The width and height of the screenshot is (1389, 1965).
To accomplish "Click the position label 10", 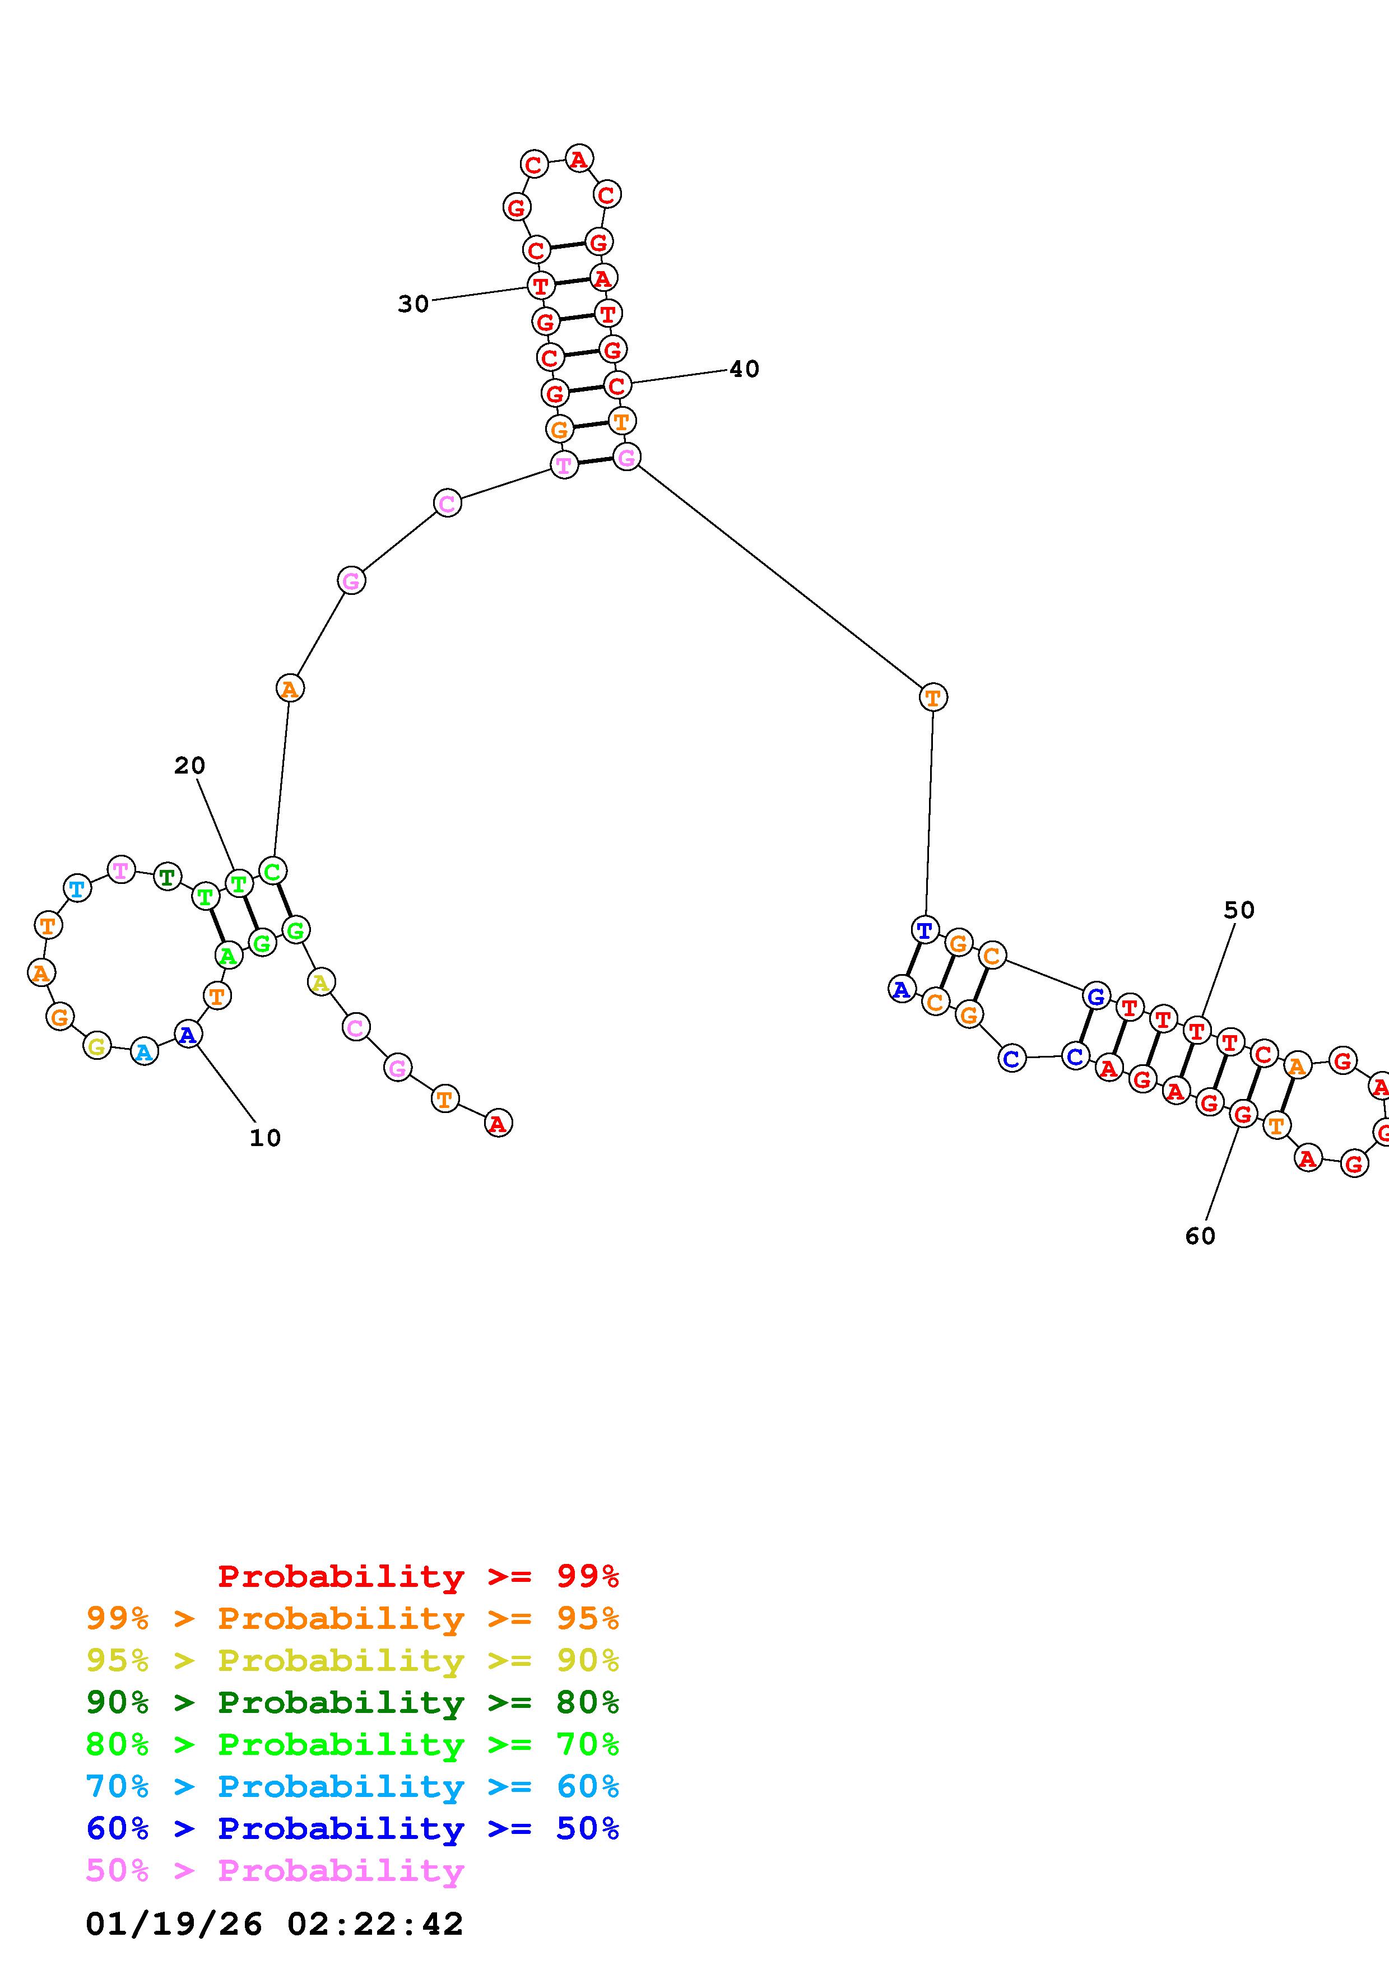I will [x=264, y=1138].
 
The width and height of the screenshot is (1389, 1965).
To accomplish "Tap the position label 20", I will [x=189, y=765].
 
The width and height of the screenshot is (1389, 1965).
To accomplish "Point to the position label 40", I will [x=744, y=369].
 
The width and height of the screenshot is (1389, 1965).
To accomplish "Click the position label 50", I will [x=1238, y=910].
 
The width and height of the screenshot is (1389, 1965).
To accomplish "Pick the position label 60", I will [x=1200, y=1236].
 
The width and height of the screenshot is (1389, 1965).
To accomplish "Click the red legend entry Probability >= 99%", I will [x=417, y=1576].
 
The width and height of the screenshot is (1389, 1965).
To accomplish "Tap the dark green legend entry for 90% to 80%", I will [x=352, y=1702].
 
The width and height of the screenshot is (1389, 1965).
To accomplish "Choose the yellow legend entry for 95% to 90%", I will [x=352, y=1660].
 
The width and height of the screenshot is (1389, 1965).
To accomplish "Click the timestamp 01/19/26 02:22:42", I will [x=274, y=1924].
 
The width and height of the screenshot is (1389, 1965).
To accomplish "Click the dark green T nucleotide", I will [x=167, y=877].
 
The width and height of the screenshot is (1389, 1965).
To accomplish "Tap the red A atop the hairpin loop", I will [x=579, y=159].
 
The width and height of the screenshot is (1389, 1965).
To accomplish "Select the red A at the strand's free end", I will [x=498, y=1123].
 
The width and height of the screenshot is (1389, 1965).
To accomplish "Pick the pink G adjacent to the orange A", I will [x=351, y=581].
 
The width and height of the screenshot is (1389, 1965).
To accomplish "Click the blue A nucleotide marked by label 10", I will [x=188, y=1035].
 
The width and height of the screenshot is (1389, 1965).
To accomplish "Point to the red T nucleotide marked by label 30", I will [x=541, y=285].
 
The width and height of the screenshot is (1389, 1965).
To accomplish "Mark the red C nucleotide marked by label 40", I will [x=616, y=385].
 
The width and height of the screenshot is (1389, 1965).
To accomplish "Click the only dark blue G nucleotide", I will [x=1095, y=996].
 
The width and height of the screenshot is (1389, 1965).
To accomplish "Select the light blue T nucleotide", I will [x=77, y=888].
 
